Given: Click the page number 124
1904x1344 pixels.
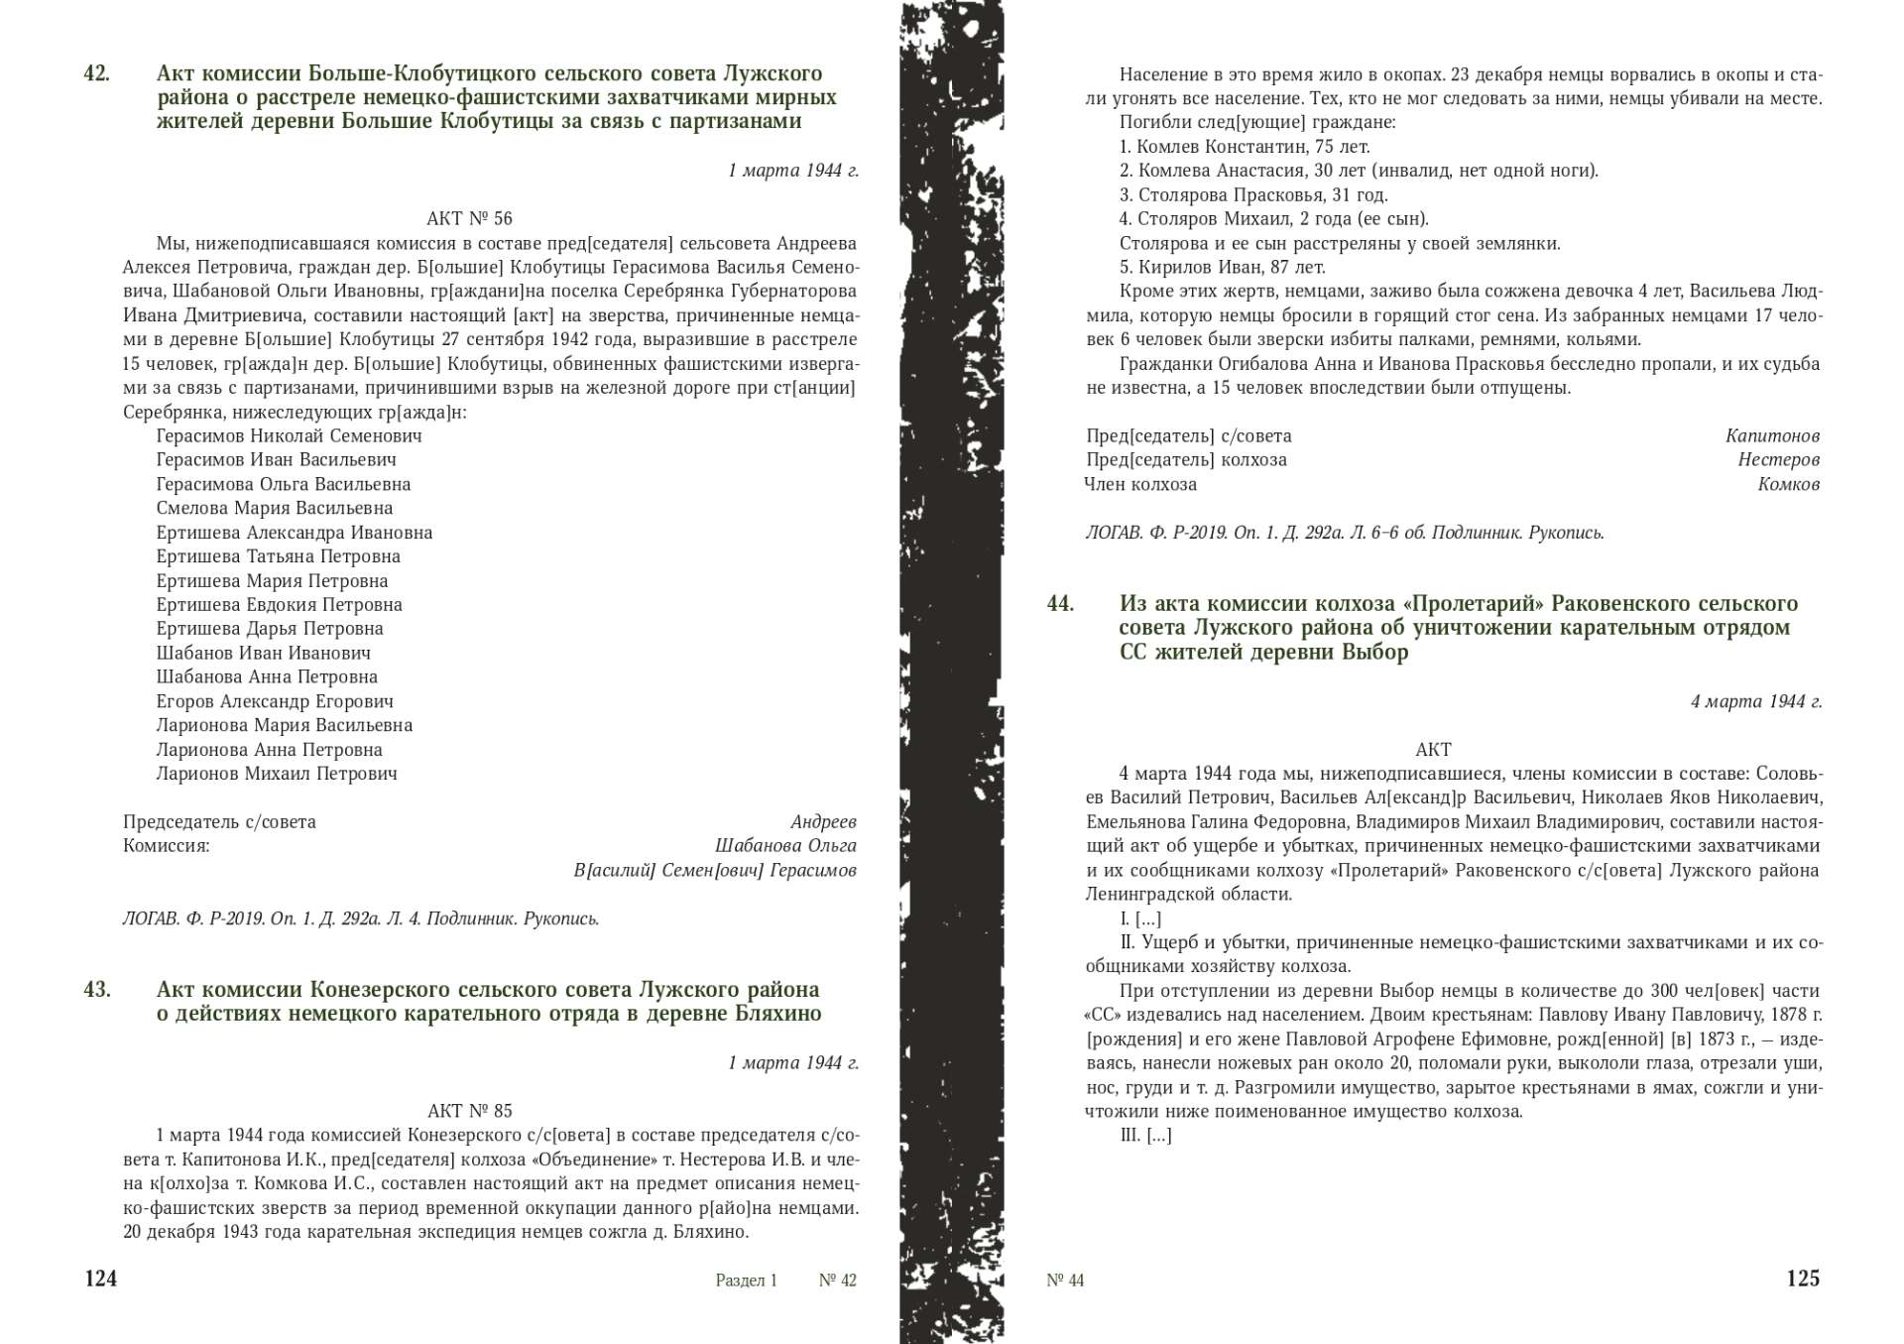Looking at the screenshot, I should tap(101, 1279).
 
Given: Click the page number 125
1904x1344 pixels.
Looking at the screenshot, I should tap(1803, 1279).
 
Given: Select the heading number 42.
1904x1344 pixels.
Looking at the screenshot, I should tap(96, 73).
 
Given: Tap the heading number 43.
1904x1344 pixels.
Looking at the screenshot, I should tap(96, 990).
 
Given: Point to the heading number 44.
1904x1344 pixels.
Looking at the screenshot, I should tap(1060, 604).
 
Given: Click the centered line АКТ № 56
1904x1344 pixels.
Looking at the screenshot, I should tap(469, 218).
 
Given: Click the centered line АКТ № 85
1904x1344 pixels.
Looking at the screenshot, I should tap(469, 1111).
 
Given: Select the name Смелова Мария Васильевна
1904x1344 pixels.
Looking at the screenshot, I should tap(274, 508).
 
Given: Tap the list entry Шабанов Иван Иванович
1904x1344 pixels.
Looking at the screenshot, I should tap(263, 653).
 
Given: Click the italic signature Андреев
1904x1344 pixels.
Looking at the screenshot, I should tap(823, 822).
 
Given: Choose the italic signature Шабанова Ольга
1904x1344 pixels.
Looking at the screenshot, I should tap(785, 846).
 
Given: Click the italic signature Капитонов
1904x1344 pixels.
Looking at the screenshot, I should tap(1772, 435).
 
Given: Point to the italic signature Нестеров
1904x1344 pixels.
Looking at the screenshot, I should tap(1778, 459).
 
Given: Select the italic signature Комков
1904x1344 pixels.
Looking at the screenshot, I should tap(1788, 484).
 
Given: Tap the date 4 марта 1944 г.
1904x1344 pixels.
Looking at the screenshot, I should tap(1756, 702).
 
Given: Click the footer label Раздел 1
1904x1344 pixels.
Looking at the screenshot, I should tap(746, 1281).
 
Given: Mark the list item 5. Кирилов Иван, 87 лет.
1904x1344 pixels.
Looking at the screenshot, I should tap(1222, 267).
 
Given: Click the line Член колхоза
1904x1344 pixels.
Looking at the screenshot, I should tap(1140, 484).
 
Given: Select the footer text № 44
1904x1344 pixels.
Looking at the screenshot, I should tap(1065, 1281).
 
